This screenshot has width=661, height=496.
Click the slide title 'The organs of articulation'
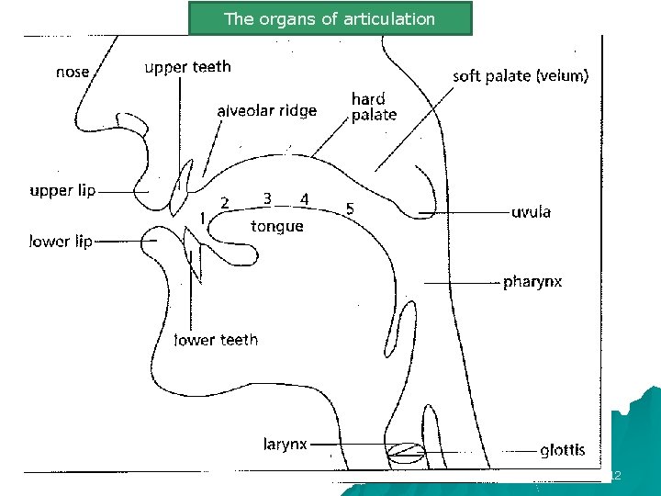[x=330, y=18]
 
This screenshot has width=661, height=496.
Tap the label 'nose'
[x=73, y=72]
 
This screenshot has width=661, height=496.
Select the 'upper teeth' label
[x=188, y=67]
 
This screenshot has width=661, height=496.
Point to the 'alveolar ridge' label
[x=267, y=110]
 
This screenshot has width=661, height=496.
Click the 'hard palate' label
[x=374, y=107]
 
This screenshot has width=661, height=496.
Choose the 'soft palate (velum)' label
[x=521, y=76]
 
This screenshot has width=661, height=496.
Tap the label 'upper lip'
[x=62, y=191]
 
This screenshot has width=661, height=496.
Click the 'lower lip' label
[x=62, y=242]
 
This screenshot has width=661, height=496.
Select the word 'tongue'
[x=276, y=226]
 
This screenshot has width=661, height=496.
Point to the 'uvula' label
[x=531, y=212]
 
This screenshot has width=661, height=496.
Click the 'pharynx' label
[x=532, y=281]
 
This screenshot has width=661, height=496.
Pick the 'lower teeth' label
[x=217, y=340]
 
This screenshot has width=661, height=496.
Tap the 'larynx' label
[x=285, y=444]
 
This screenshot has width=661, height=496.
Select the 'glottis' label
[x=562, y=450]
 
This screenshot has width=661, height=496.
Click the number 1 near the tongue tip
[x=203, y=218]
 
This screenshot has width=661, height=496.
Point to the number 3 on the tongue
[x=266, y=198]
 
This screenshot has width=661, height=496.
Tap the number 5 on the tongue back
[x=350, y=209]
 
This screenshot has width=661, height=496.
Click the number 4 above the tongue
[x=305, y=198]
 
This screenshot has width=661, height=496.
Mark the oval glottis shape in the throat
[x=405, y=451]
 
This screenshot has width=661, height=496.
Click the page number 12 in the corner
[x=616, y=476]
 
